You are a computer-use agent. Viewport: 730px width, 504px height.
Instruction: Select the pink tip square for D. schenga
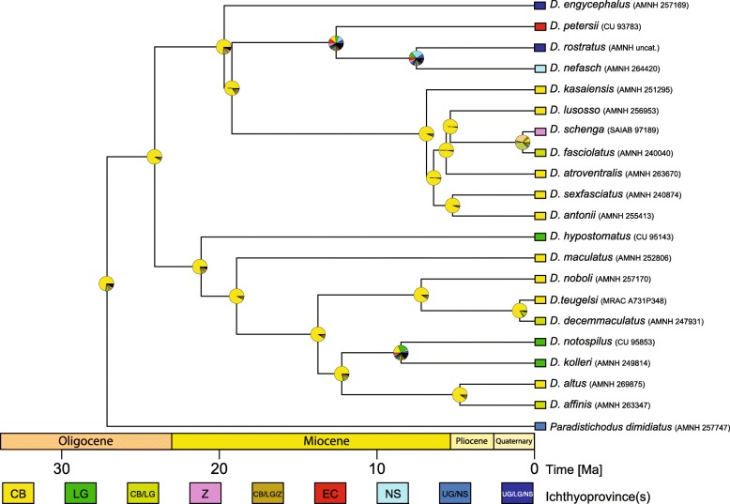pos(540,131)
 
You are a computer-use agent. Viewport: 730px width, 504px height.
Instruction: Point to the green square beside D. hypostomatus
pos(540,237)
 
